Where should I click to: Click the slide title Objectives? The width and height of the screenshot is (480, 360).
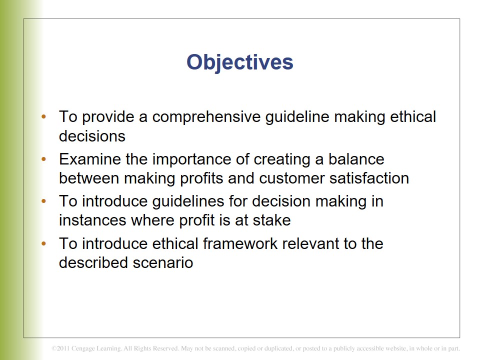coord(239,63)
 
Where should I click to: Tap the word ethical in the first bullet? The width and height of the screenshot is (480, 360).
coord(413,116)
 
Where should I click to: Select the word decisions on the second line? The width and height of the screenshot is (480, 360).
coord(92,136)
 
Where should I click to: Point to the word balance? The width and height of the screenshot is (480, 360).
coord(356,159)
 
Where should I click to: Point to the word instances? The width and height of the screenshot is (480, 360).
coord(92,220)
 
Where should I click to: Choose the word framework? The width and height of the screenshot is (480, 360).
coord(240,243)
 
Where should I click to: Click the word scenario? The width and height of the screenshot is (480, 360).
coord(163,262)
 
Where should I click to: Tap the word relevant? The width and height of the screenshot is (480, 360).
coord(310,244)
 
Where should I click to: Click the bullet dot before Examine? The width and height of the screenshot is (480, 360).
coord(44,159)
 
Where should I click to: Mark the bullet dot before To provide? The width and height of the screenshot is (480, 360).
coord(44,116)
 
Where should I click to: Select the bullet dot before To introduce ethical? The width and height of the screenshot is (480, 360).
coord(44,243)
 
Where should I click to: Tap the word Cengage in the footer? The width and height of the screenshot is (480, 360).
coord(83,348)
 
